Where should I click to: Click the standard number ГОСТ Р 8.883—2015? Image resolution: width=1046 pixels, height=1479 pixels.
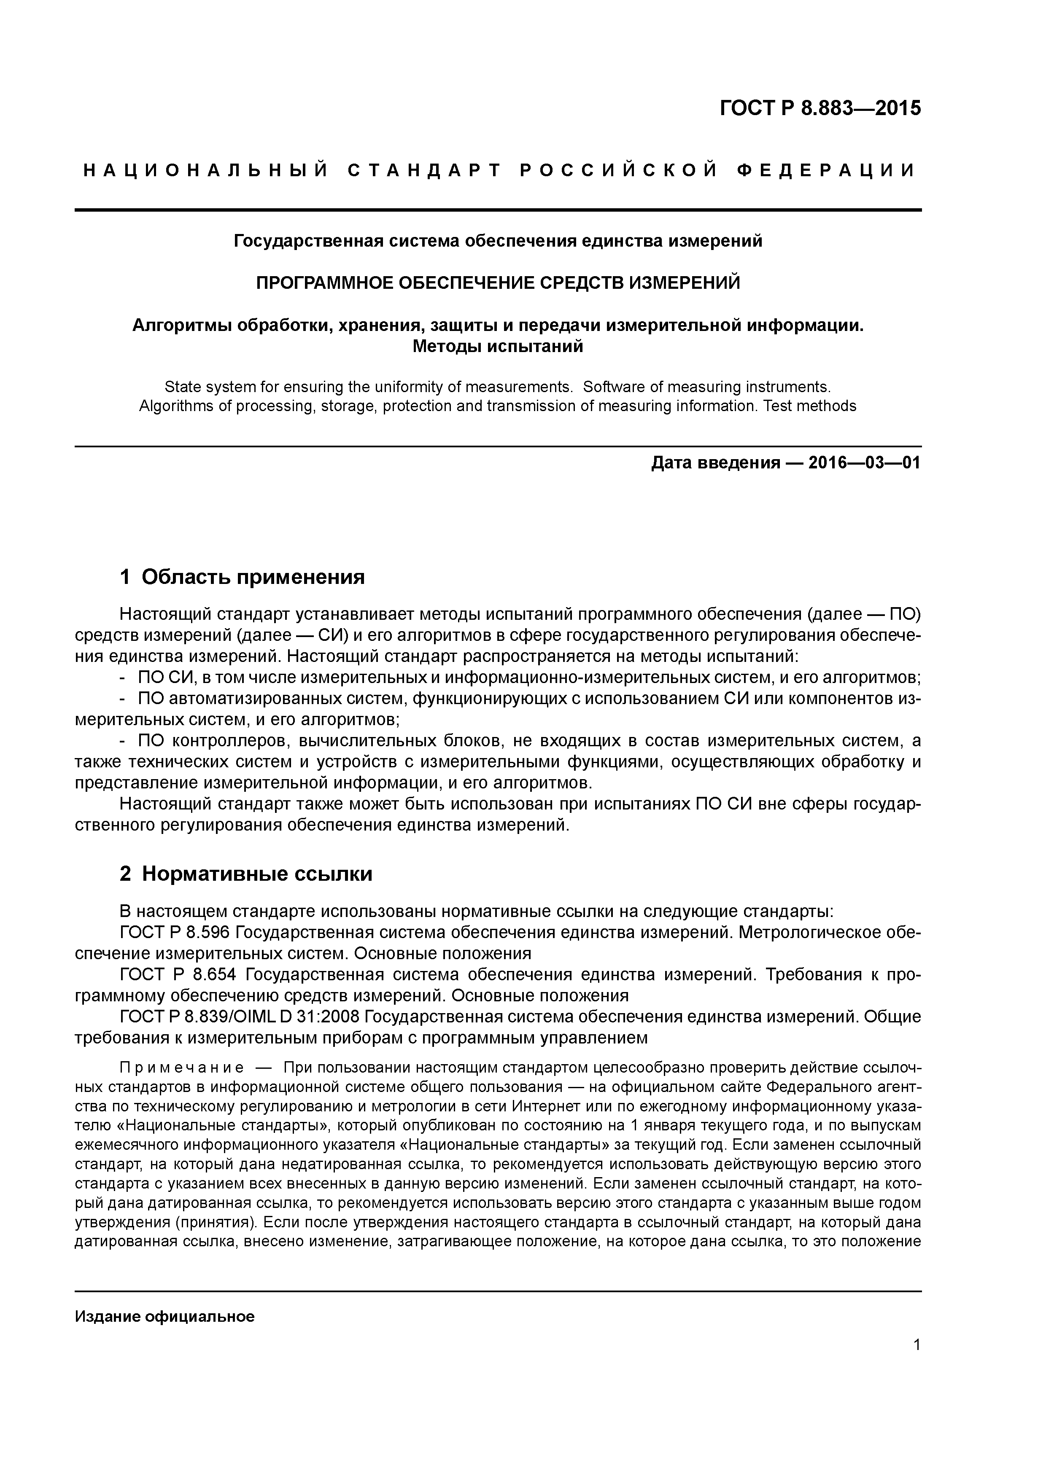coord(820,108)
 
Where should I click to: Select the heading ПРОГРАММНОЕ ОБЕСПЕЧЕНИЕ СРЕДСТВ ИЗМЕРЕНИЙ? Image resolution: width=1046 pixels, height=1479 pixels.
coord(498,283)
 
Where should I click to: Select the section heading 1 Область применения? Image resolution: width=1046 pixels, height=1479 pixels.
coord(243,577)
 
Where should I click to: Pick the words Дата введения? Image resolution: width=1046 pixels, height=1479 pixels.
coord(715,463)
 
